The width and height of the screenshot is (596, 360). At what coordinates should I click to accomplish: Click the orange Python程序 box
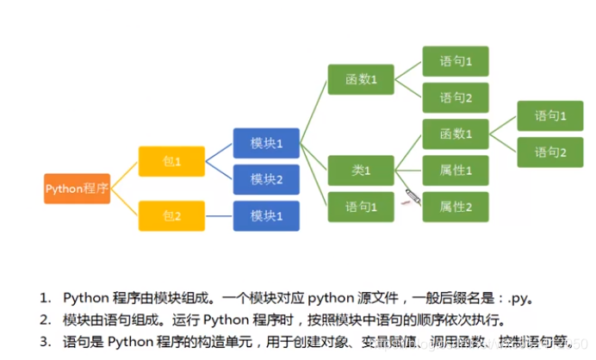click(x=78, y=188)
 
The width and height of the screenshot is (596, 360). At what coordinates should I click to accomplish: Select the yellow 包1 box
click(x=171, y=161)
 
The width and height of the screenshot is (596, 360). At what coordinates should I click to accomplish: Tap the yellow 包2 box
click(x=171, y=214)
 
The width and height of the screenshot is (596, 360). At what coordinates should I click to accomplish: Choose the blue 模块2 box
click(x=266, y=179)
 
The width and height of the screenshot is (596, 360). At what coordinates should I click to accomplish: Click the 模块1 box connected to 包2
click(x=266, y=214)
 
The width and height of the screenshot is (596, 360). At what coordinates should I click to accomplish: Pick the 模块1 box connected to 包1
click(x=266, y=143)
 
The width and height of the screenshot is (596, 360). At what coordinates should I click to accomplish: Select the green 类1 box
click(x=360, y=171)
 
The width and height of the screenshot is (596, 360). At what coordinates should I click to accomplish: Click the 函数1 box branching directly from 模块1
click(x=360, y=80)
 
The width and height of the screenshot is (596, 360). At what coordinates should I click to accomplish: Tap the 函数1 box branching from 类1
click(x=455, y=134)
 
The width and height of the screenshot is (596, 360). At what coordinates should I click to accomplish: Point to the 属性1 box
click(x=455, y=171)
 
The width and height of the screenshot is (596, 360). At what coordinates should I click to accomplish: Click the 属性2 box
click(x=455, y=207)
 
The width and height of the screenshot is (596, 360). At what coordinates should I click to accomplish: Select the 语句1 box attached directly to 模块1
click(x=360, y=207)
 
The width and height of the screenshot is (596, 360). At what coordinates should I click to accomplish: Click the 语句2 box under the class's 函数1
click(x=549, y=152)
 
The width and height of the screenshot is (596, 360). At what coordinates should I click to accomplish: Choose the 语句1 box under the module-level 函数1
click(x=455, y=62)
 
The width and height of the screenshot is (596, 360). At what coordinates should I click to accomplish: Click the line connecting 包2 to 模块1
click(x=219, y=214)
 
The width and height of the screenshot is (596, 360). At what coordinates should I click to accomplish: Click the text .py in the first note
click(x=518, y=298)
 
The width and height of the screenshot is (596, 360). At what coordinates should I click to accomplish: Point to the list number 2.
click(x=45, y=319)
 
